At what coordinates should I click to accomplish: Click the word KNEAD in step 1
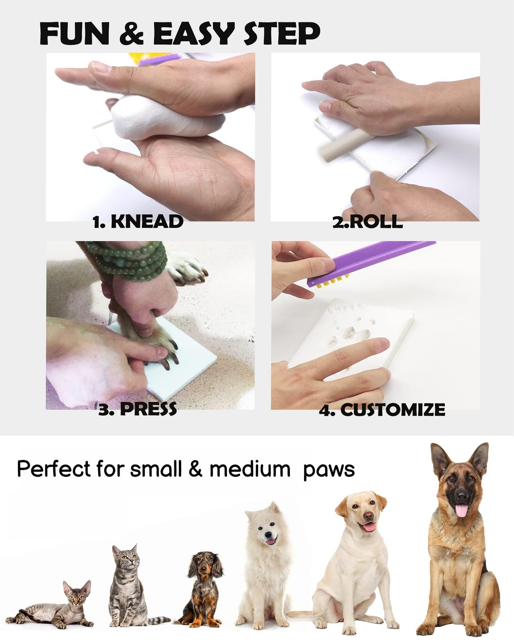147,221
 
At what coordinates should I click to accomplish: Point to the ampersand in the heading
132,34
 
